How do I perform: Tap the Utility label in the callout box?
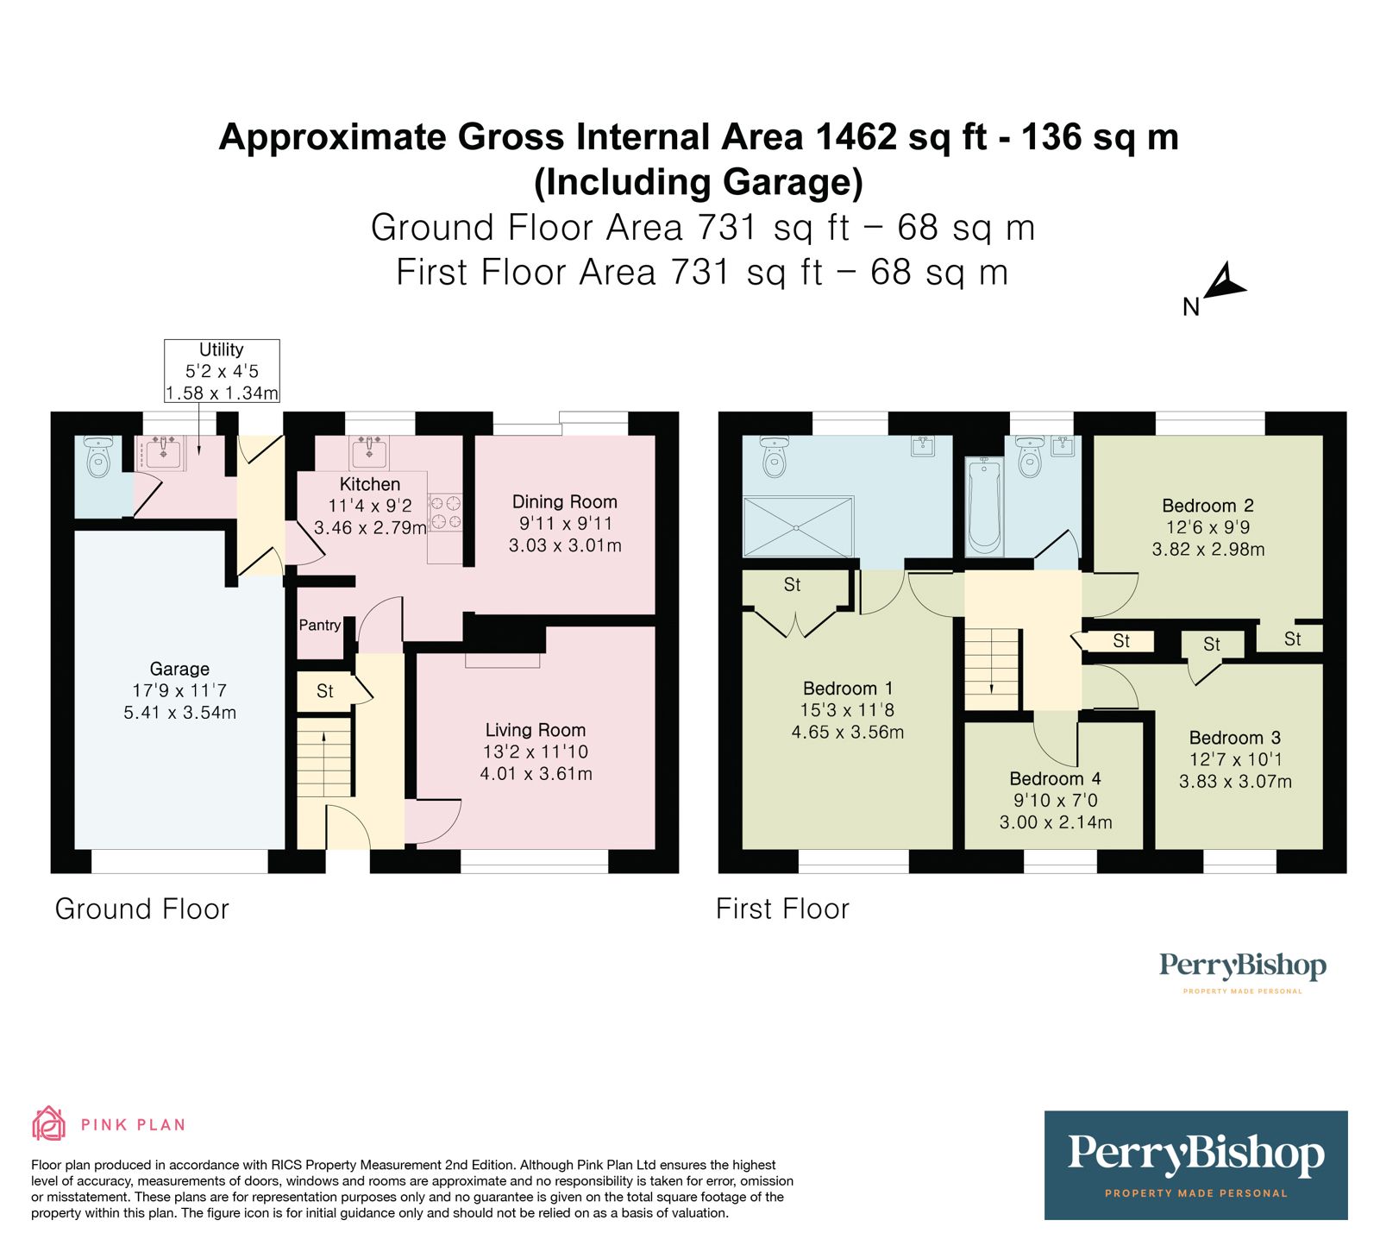221,349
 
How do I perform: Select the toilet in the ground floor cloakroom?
99,456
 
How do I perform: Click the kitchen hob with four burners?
446,512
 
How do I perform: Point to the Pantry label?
320,625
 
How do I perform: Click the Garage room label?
179,669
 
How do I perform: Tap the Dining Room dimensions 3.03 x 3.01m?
565,545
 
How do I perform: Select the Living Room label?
535,730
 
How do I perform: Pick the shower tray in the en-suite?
798,526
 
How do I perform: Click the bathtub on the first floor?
984,506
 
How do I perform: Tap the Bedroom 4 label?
1056,778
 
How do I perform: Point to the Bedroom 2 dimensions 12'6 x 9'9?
1207,527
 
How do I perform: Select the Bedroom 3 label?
1235,738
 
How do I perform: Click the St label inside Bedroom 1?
792,585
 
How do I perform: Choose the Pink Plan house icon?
49,1123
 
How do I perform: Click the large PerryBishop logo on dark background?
1195,1165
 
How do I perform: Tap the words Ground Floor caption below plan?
142,909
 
